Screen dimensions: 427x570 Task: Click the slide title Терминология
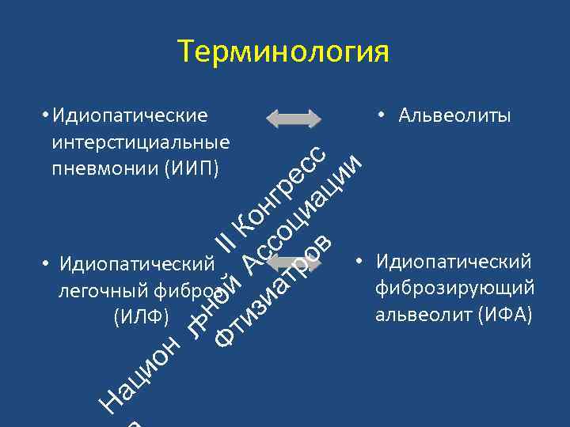pyautogui.click(x=284, y=52)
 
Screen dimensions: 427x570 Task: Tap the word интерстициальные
pyautogui.click(x=141, y=142)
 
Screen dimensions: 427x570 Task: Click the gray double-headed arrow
pyautogui.click(x=293, y=119)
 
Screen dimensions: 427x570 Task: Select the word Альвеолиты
pyautogui.click(x=454, y=115)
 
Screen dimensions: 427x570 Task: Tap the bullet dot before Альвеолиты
pyautogui.click(x=381, y=115)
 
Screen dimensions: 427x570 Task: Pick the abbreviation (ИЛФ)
pyautogui.click(x=141, y=318)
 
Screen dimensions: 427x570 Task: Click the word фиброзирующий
pyautogui.click(x=455, y=288)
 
